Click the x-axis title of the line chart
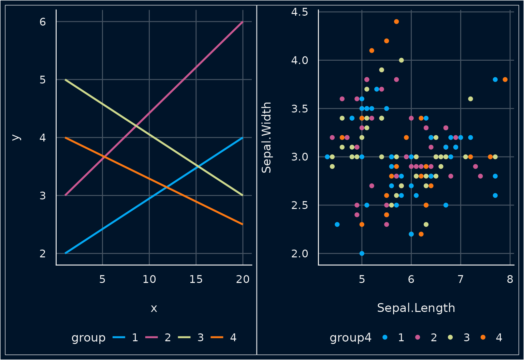pyautogui.click(x=154, y=308)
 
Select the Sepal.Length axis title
pyautogui.click(x=416, y=308)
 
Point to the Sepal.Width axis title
pyautogui.click(x=266, y=137)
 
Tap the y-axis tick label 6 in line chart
pyautogui.click(x=43, y=22)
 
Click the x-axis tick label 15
pyautogui.click(x=196, y=280)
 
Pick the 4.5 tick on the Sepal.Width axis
pyautogui.click(x=300, y=12)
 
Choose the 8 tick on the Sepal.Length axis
pyautogui.click(x=510, y=280)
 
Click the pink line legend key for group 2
pyautogui.click(x=151, y=337)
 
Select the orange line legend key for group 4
pyautogui.click(x=217, y=337)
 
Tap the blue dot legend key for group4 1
pyautogui.click(x=385, y=337)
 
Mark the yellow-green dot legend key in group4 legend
pyautogui.click(x=450, y=337)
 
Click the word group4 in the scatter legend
pyautogui.click(x=350, y=337)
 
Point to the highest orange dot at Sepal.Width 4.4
pyautogui.click(x=396, y=21)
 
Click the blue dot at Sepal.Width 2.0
pyautogui.click(x=362, y=253)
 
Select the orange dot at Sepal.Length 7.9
pyautogui.click(x=505, y=79)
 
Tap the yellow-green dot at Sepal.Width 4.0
pyautogui.click(x=401, y=60)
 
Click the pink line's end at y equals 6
pyautogui.click(x=243, y=22)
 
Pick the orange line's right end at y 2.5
pyautogui.click(x=243, y=224)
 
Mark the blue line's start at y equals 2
pyautogui.click(x=65, y=253)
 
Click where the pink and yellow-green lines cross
pyautogui.click(x=136, y=126)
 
